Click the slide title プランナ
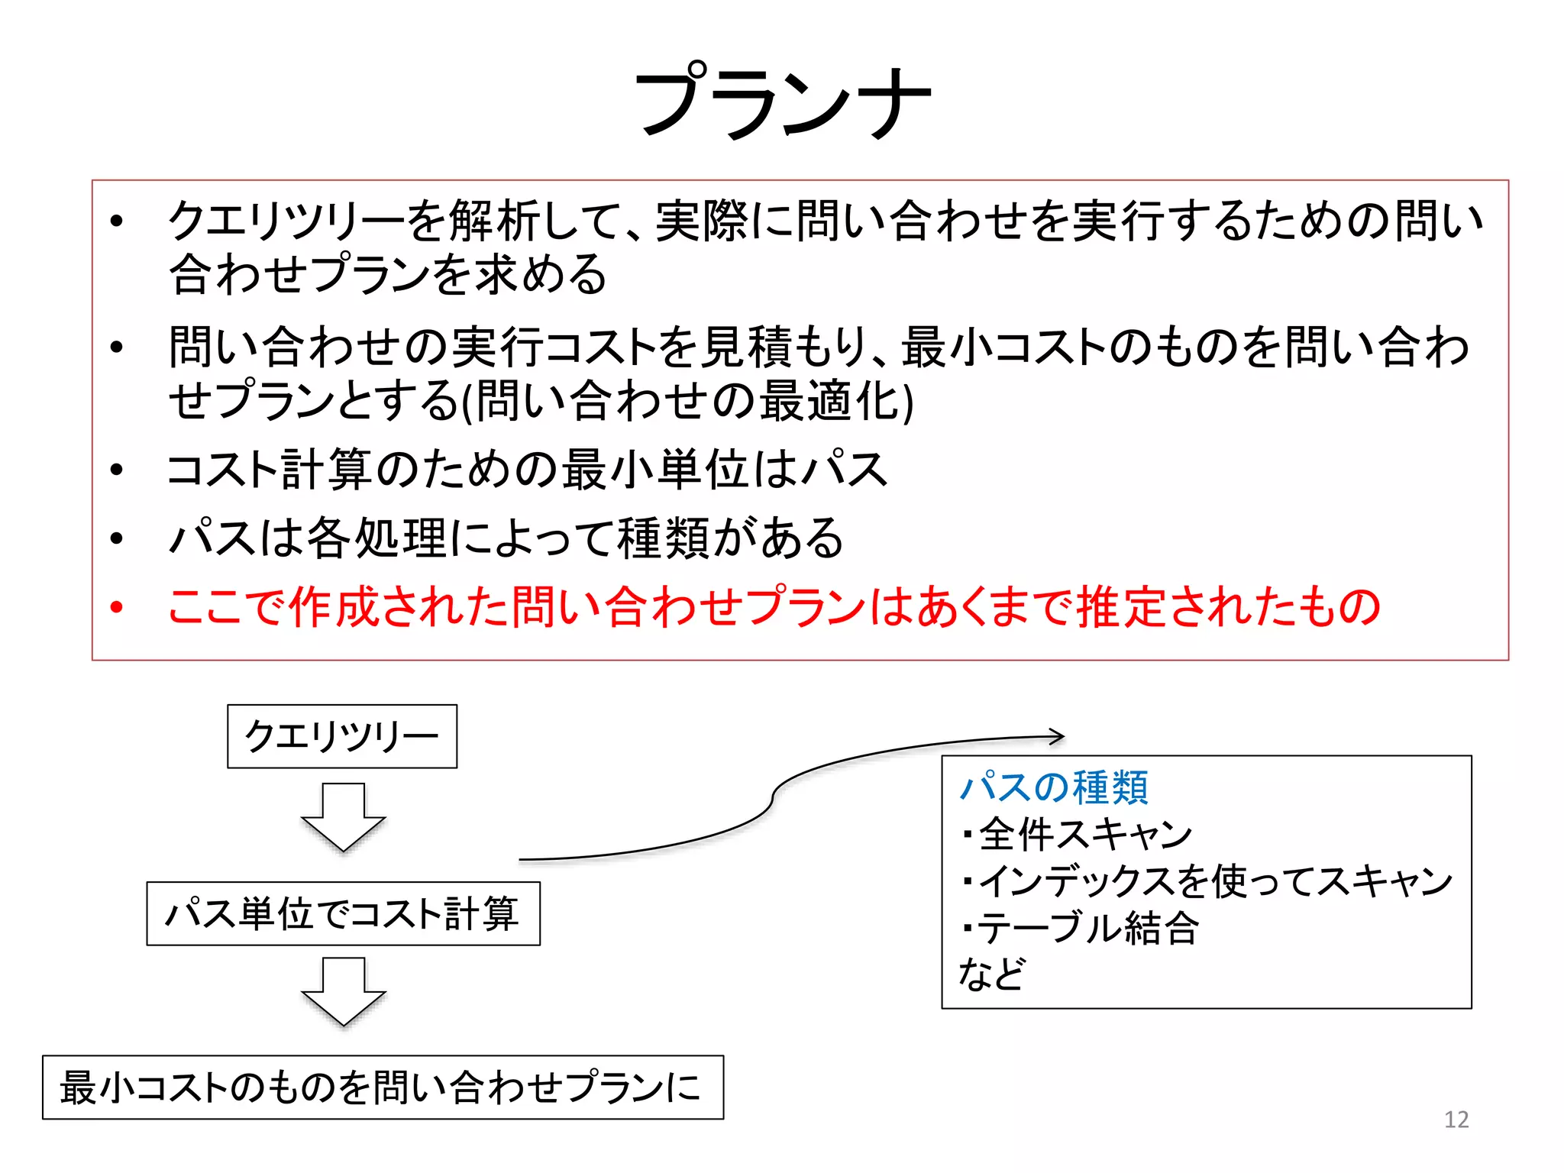(783, 102)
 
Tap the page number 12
(1456, 1120)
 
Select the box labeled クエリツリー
(342, 736)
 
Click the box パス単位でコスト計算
(343, 913)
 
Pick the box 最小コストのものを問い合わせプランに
(383, 1087)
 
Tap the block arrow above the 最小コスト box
(344, 991)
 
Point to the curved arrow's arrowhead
(1057, 736)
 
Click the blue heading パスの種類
(1054, 787)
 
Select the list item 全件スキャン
(1084, 834)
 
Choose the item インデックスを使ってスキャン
(1214, 881)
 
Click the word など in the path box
(991, 974)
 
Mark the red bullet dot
(116, 608)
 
